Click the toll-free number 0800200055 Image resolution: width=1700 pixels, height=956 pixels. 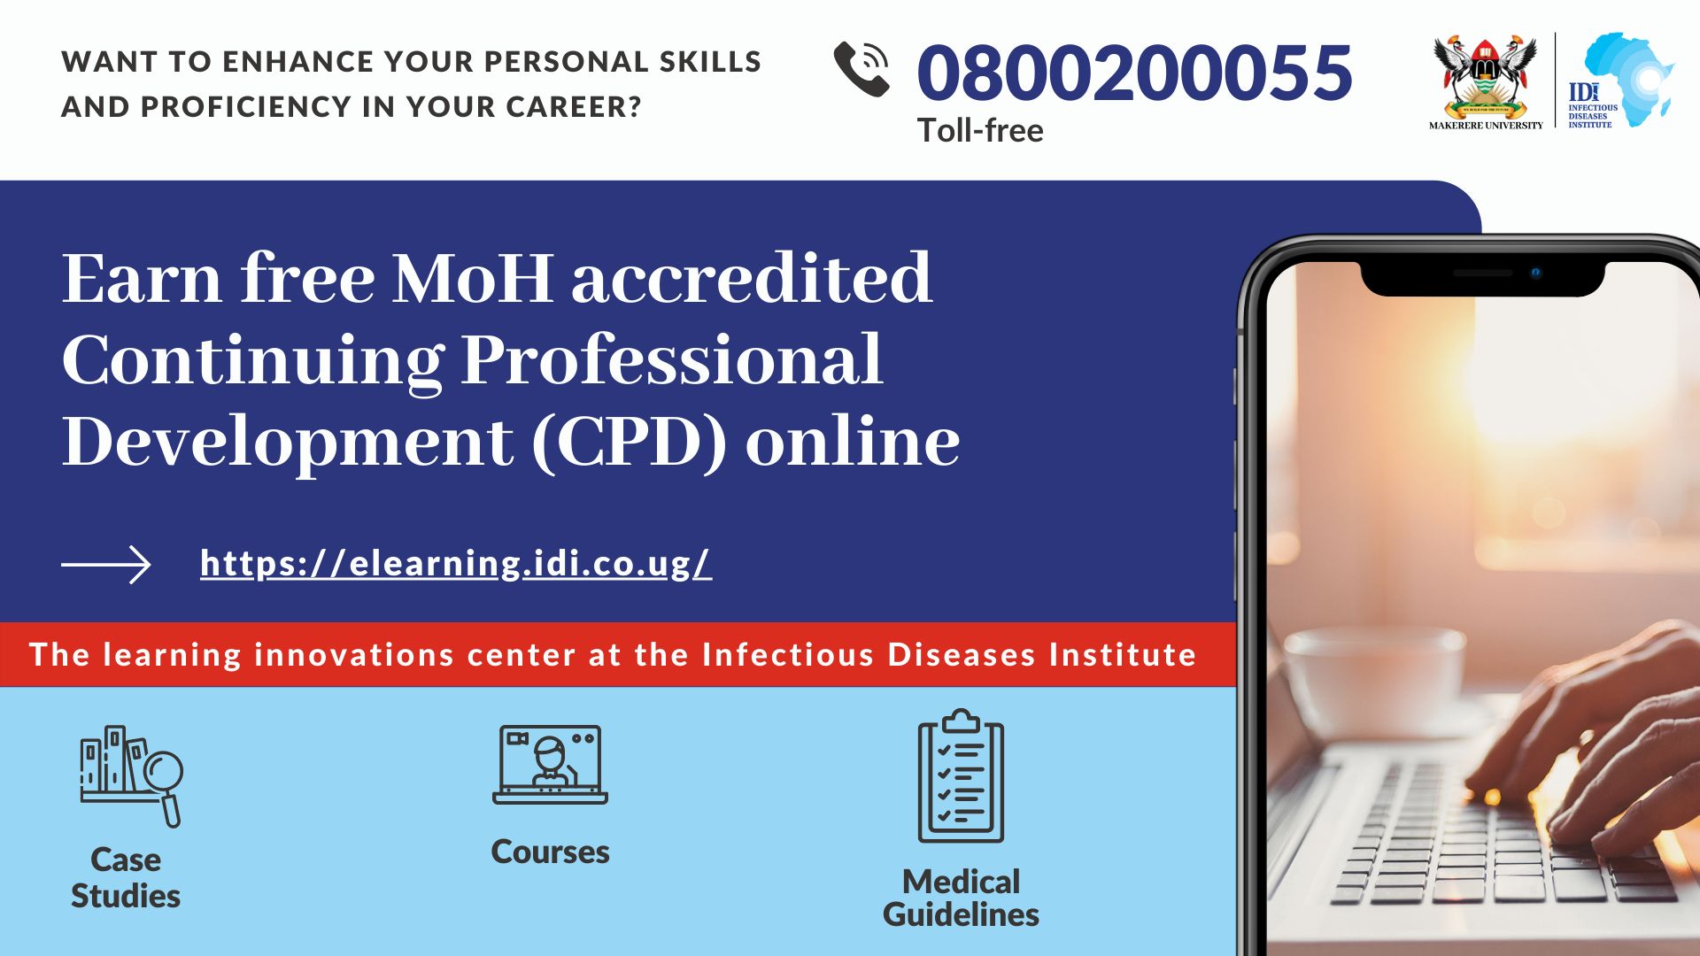pyautogui.click(x=1134, y=72)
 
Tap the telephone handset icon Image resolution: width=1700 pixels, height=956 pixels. pyautogui.click(x=862, y=69)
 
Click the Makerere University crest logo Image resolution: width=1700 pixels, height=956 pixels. pyautogui.click(x=1486, y=82)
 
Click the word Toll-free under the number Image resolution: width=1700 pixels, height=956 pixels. pyautogui.click(x=980, y=131)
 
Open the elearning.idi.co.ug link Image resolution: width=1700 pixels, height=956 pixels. pyautogui.click(x=456, y=564)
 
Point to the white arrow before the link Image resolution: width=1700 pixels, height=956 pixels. pyautogui.click(x=105, y=565)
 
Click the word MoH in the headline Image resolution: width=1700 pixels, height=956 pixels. pyautogui.click(x=473, y=279)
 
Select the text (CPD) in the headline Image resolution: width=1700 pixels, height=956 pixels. pyautogui.click(x=629, y=442)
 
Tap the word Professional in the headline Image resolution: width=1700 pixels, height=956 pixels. pyautogui.click(x=672, y=360)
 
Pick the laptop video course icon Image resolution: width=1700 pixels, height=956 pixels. pyautogui.click(x=550, y=765)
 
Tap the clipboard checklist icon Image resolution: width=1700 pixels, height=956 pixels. pyautogui.click(x=961, y=775)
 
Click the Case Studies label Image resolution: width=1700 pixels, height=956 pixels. pyautogui.click(x=126, y=878)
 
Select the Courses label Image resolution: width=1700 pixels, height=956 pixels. pyautogui.click(x=550, y=852)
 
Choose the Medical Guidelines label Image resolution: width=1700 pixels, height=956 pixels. pyautogui.click(x=961, y=898)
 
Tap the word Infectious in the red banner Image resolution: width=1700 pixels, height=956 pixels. pyautogui.click(x=788, y=655)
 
